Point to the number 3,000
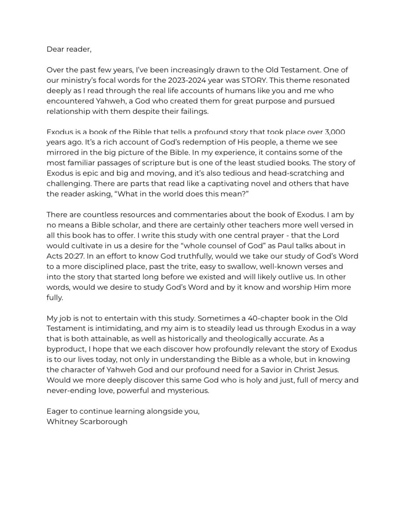(x=335, y=132)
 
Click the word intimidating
(x=123, y=329)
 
